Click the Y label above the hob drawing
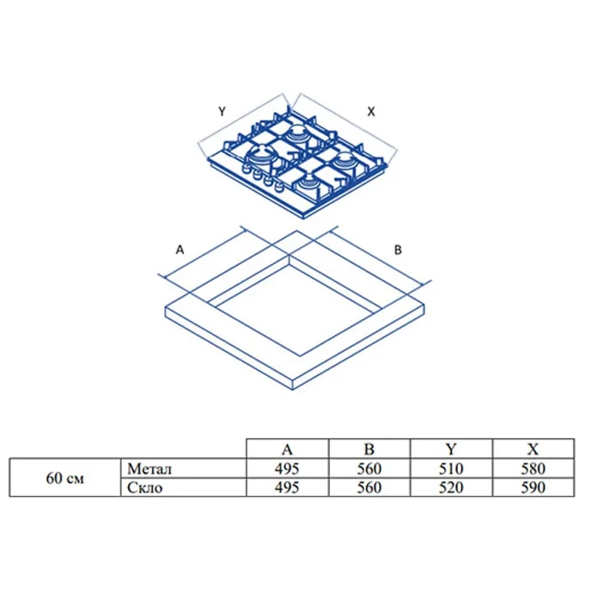(222, 112)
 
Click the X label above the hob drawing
(371, 112)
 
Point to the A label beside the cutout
(180, 249)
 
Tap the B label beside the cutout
(398, 250)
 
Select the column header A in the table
(287, 449)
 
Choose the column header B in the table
(369, 449)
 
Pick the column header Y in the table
(451, 449)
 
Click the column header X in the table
(533, 449)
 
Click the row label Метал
(149, 469)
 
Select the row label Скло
(145, 488)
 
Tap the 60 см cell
(65, 478)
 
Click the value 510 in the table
(451, 469)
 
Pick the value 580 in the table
(533, 469)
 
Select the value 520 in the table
(451, 488)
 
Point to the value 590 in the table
(533, 488)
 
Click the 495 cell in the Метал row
(287, 469)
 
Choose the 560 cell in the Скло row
(369, 488)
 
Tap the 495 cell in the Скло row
(287, 488)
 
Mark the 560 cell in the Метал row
(369, 469)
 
